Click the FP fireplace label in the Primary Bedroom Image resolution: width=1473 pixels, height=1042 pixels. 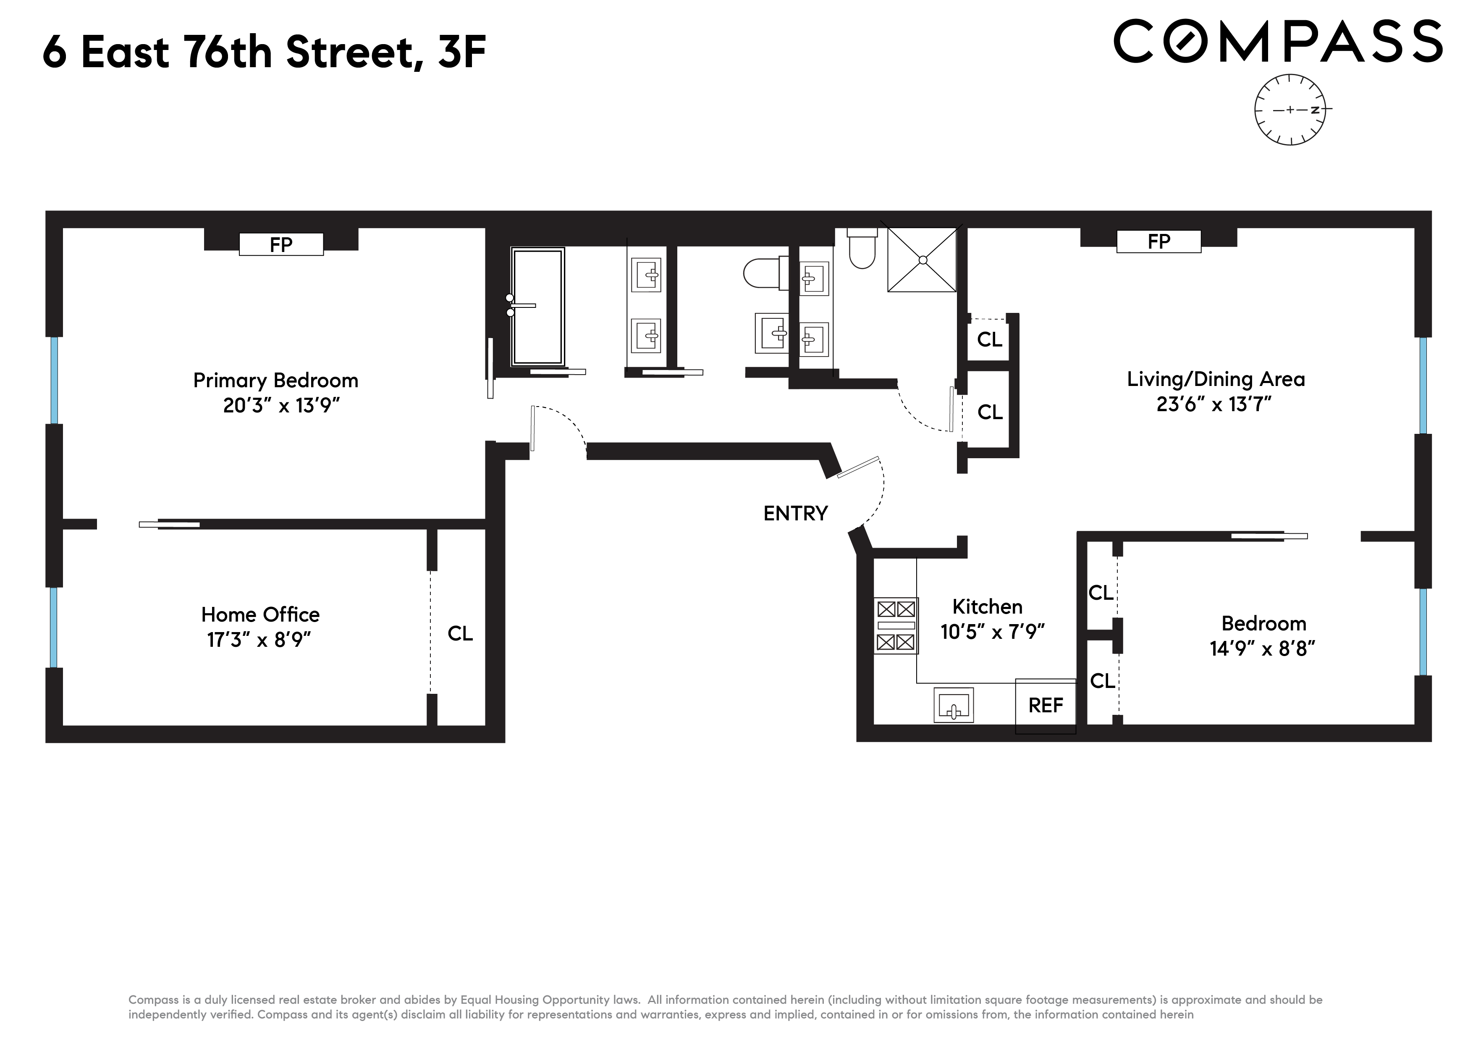(281, 244)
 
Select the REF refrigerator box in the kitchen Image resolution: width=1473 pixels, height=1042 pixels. (1045, 706)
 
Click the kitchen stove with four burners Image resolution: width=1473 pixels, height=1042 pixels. (896, 626)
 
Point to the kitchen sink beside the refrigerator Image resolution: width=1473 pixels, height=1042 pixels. (953, 705)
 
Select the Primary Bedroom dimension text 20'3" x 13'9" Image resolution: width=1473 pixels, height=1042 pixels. (281, 406)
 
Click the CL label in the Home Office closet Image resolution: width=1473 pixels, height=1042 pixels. (460, 633)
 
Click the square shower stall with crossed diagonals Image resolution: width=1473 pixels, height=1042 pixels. (922, 260)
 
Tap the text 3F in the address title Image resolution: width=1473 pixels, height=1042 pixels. (461, 51)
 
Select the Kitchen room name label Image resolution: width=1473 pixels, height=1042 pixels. (987, 606)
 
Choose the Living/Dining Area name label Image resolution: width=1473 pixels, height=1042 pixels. (1216, 379)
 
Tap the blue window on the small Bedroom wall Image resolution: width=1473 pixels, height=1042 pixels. (1423, 632)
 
